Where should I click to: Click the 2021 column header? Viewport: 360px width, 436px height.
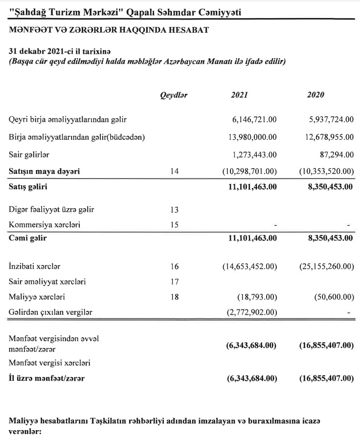pyautogui.click(x=240, y=95)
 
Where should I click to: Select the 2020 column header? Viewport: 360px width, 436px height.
pyautogui.click(x=316, y=95)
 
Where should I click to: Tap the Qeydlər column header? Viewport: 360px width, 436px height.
pyautogui.click(x=174, y=95)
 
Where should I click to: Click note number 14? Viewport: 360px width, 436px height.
pyautogui.click(x=175, y=171)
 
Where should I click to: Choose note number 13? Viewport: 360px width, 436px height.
pyautogui.click(x=175, y=210)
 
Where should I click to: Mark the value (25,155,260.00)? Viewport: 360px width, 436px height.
pyautogui.click(x=326, y=267)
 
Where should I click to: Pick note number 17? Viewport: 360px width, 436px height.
pyautogui.click(x=175, y=282)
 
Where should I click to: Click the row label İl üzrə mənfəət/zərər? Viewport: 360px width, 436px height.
pyautogui.click(x=49, y=378)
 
